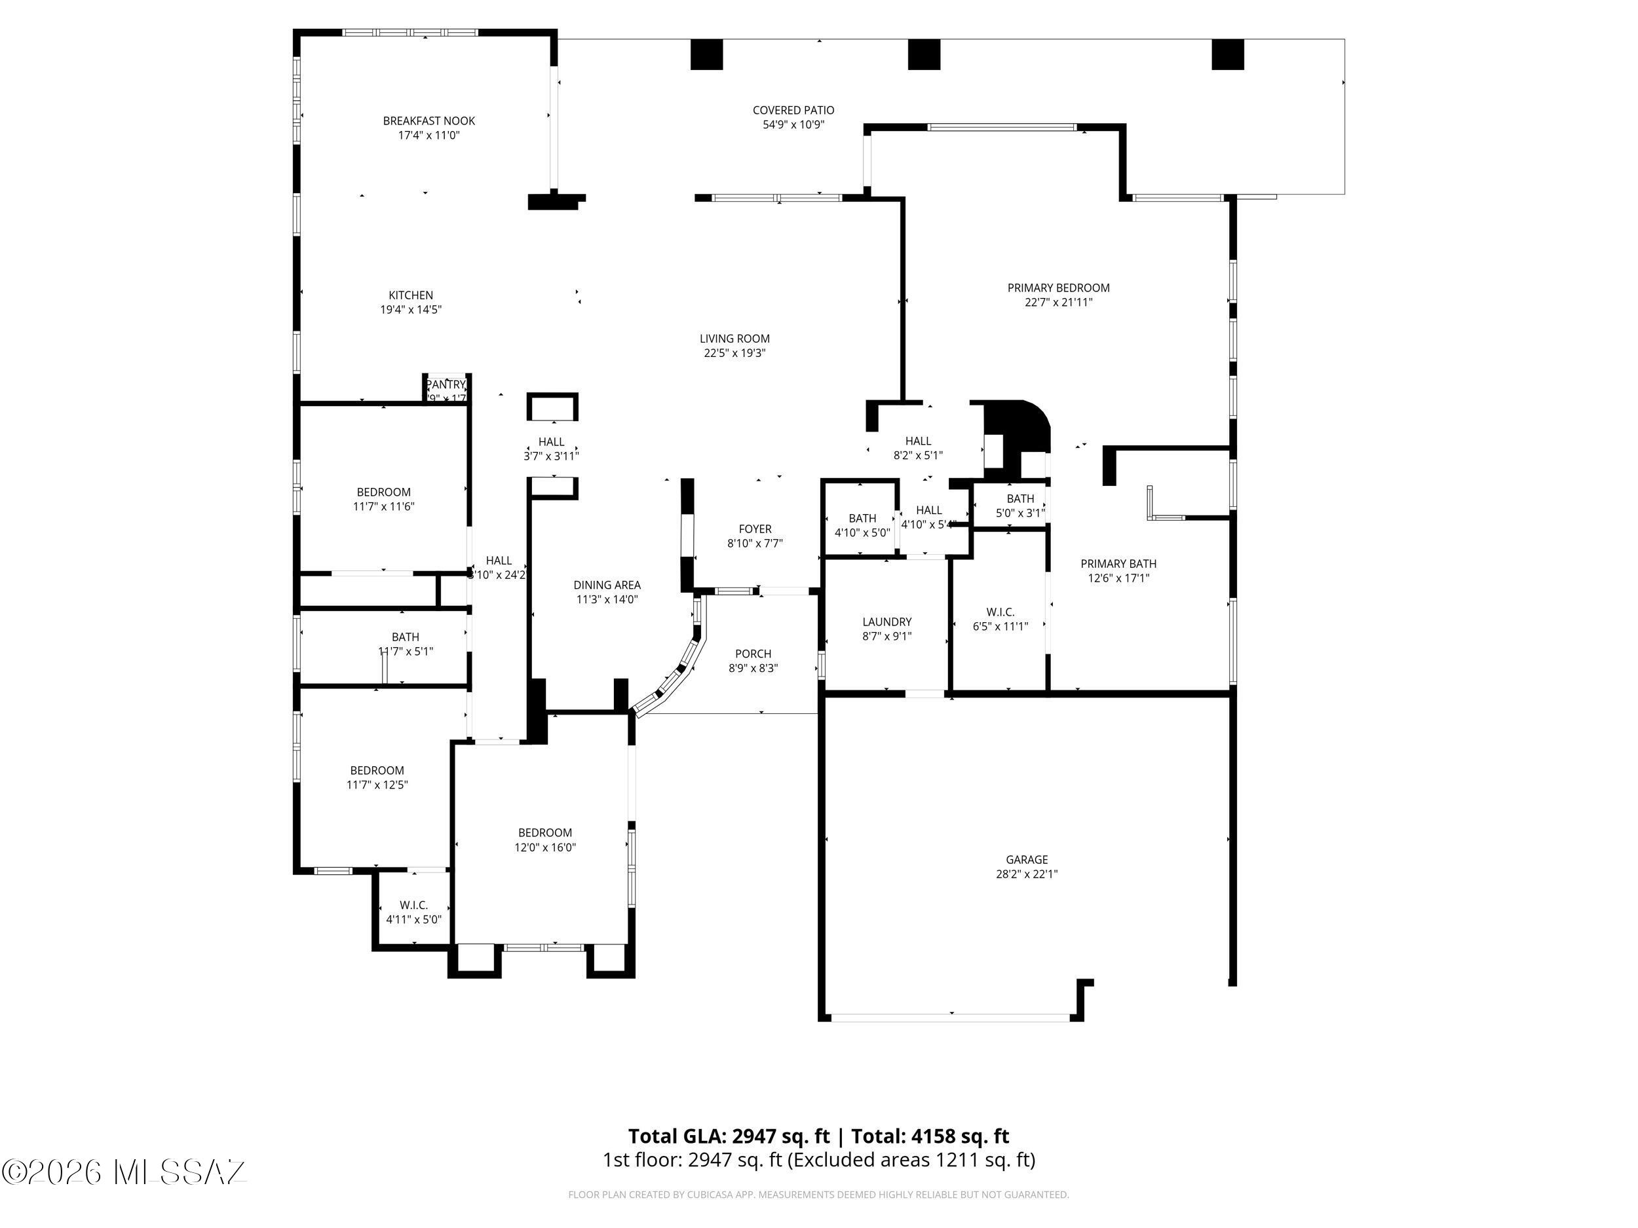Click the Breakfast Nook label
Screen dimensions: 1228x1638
coord(429,121)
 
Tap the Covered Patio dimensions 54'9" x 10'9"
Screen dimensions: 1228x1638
coord(793,125)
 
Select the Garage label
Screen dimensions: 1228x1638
coord(1026,859)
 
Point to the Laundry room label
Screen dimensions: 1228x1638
coord(886,622)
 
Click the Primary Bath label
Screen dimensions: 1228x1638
coord(1118,563)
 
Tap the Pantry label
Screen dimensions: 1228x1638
coord(446,384)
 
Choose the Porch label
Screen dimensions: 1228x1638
coord(753,654)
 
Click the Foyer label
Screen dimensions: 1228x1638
coord(755,529)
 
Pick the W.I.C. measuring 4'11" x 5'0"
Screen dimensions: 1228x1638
coord(413,912)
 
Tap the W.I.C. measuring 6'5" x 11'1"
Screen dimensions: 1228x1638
coord(1000,619)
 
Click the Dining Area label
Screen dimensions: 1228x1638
coord(607,585)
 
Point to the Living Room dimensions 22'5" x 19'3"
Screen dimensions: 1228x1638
coord(734,353)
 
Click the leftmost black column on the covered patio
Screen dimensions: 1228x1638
coord(706,54)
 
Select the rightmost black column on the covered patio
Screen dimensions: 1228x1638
coord(1227,54)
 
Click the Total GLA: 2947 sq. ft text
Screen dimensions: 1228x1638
coord(729,1136)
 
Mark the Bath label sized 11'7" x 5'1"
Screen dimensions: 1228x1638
coord(405,644)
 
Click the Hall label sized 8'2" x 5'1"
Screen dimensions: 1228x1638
coord(917,448)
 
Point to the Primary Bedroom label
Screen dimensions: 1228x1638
coord(1058,288)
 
